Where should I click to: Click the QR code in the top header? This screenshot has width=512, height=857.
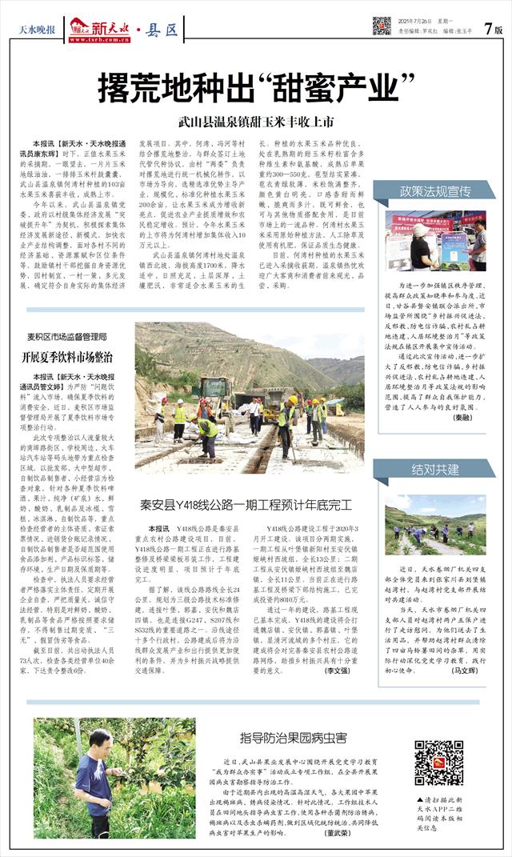[382, 25]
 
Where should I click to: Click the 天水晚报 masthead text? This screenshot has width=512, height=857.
[38, 30]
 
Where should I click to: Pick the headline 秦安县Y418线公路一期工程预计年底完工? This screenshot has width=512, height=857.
[245, 505]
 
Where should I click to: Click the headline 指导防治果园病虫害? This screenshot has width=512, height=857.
[295, 737]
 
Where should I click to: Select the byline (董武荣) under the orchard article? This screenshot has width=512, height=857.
[337, 832]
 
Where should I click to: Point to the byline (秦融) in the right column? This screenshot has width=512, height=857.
[462, 418]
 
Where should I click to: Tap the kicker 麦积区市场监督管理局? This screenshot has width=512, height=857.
[66, 337]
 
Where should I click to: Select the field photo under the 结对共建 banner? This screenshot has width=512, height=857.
[435, 528]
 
